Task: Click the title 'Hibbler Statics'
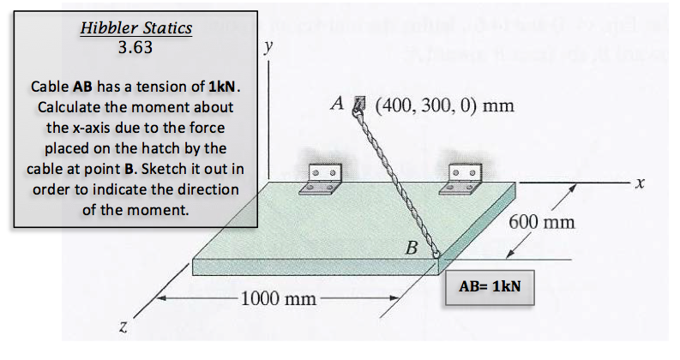click(x=136, y=28)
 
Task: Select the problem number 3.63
click(x=135, y=47)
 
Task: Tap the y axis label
click(x=269, y=46)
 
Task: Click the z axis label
click(x=123, y=327)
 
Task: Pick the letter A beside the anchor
click(x=337, y=103)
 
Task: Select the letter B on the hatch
click(x=412, y=248)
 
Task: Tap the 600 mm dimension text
click(x=542, y=222)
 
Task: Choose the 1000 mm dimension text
click(x=279, y=298)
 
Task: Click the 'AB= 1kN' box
click(x=490, y=287)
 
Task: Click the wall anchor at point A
click(x=359, y=103)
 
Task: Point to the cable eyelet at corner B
click(x=435, y=254)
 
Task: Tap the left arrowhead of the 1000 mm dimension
click(x=161, y=298)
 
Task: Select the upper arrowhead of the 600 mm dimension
click(x=573, y=189)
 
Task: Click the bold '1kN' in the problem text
click(x=222, y=87)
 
